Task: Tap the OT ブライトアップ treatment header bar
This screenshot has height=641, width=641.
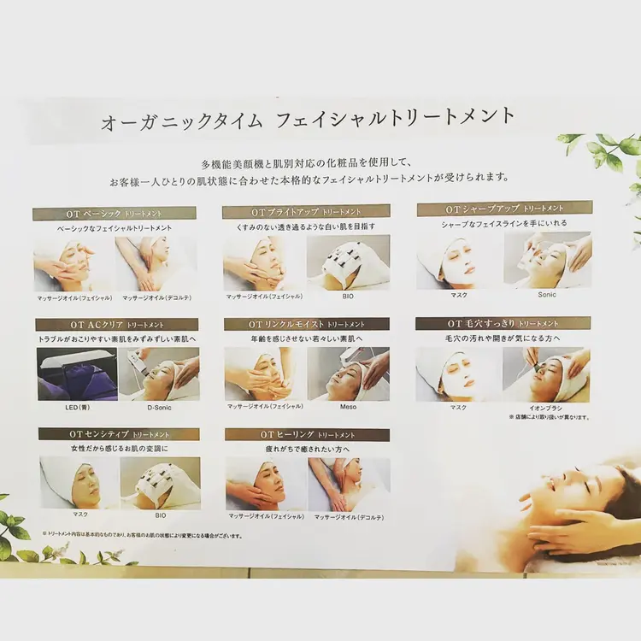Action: [x=306, y=211]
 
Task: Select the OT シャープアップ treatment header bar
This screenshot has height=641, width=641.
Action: [x=504, y=208]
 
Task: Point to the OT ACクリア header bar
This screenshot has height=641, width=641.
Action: [x=117, y=325]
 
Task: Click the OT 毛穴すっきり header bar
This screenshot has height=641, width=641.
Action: [x=503, y=323]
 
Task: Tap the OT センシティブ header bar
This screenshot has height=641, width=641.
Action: [x=119, y=434]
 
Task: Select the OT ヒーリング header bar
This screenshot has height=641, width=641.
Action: [x=307, y=435]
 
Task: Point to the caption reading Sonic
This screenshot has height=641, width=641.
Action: [x=547, y=295]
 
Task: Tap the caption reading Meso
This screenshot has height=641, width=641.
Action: [x=348, y=408]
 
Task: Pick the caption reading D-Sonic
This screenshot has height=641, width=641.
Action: [x=159, y=408]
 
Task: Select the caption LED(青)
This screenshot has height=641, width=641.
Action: [x=75, y=408]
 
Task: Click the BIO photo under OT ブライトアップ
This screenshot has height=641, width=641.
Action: [x=348, y=262]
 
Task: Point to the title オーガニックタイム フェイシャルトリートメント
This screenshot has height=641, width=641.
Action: [x=309, y=119]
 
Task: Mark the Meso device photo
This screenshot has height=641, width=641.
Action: [x=348, y=373]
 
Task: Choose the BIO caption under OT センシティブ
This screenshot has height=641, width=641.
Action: [x=160, y=515]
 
